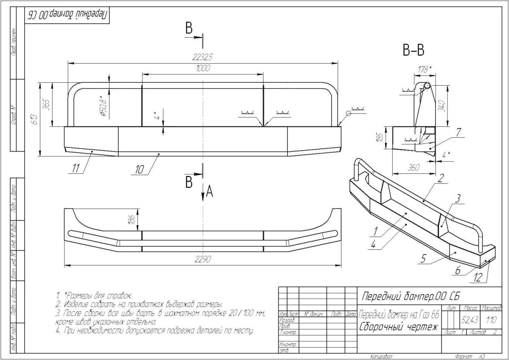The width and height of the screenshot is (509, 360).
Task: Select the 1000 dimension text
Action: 203,69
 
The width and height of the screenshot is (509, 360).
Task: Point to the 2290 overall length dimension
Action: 203,259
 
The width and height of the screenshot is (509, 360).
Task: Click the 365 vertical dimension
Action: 47,103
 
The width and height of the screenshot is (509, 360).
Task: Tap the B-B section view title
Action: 413,50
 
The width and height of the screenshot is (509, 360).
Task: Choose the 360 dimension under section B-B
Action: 413,167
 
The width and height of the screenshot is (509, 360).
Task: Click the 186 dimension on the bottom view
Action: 132,220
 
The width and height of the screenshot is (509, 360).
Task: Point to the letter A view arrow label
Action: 209,193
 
